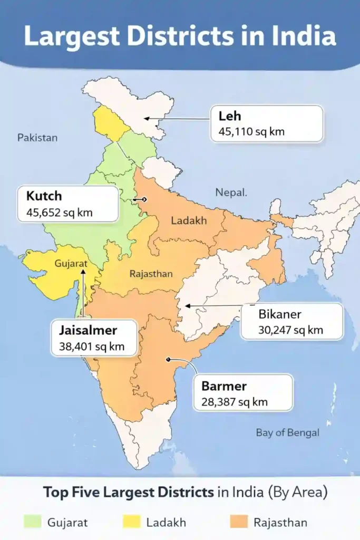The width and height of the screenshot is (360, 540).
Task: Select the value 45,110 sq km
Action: [248, 131]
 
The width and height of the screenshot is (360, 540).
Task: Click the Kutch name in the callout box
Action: [44, 196]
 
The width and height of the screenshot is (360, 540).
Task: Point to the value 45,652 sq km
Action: [55, 213]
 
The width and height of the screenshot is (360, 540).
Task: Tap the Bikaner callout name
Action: [279, 314]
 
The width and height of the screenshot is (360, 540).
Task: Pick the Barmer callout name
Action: [224, 385]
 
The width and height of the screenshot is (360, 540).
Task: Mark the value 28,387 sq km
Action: [235, 402]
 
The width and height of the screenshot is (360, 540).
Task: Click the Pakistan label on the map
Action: [37, 138]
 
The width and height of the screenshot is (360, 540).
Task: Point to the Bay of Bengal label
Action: [288, 432]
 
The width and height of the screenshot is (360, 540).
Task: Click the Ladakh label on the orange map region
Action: [189, 220]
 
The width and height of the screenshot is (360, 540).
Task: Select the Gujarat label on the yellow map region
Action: [71, 263]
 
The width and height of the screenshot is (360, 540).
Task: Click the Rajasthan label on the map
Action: [151, 274]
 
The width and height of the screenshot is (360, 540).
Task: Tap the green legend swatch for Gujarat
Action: [32, 522]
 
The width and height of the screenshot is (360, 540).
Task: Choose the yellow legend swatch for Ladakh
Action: [131, 522]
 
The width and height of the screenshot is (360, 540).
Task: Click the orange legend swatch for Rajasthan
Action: [239, 522]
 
